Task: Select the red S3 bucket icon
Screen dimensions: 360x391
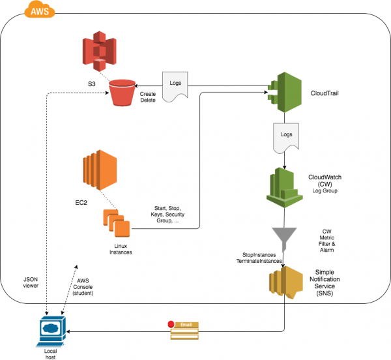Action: [x=123, y=93]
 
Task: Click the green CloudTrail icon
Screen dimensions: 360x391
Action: [x=284, y=91]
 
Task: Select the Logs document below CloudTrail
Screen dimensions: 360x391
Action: [x=284, y=136]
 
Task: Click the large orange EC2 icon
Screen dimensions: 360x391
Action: [x=98, y=170]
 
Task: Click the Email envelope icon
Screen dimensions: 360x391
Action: [x=184, y=330]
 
